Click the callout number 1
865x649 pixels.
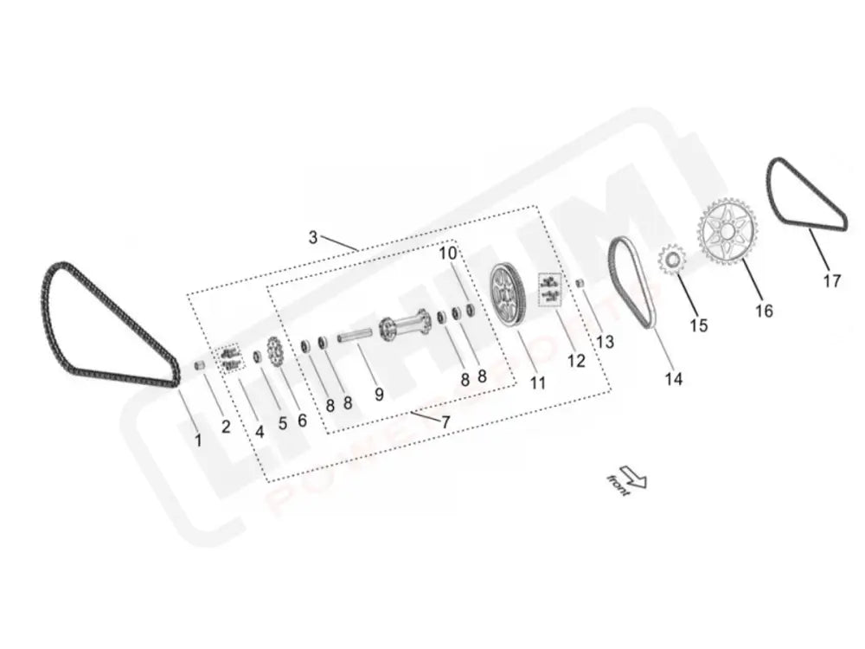197,440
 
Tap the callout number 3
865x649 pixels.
313,236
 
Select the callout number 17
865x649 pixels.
831,281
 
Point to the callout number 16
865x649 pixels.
763,311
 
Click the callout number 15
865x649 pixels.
698,325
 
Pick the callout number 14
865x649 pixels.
673,378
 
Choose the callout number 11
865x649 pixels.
538,382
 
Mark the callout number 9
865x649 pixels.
379,395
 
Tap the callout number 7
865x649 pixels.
445,422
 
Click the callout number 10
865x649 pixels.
447,254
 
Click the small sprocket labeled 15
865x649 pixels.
671,259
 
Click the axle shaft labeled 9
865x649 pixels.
355,336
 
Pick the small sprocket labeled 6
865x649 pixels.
277,351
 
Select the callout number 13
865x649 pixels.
605,341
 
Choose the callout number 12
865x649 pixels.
576,361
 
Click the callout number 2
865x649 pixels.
226,426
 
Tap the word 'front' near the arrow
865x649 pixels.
618,485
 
